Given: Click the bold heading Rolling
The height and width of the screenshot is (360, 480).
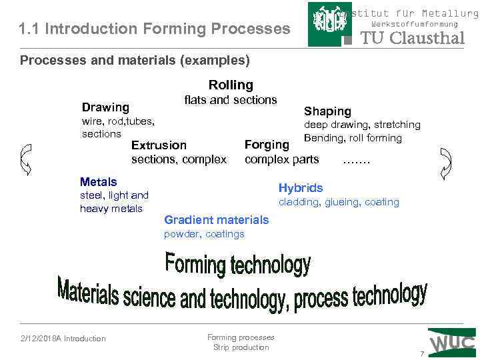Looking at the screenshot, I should (231, 85).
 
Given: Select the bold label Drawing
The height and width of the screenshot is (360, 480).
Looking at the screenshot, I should (105, 107).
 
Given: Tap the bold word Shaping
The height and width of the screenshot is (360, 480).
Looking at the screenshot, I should (327, 111).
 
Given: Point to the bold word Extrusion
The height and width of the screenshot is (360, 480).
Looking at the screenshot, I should (159, 145).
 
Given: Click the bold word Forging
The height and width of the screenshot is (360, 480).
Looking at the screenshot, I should (267, 145).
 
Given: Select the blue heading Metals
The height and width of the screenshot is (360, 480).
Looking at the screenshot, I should (98, 182).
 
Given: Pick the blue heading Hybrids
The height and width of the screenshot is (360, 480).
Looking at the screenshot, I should (301, 188).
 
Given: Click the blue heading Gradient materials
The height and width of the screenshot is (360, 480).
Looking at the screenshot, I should (217, 220).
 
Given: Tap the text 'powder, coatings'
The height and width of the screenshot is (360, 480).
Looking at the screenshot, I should (204, 234).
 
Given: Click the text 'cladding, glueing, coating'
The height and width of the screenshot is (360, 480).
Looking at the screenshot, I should (339, 202).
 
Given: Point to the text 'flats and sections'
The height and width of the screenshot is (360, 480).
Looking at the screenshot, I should (231, 100).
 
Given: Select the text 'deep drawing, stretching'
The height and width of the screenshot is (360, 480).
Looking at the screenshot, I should (362, 125).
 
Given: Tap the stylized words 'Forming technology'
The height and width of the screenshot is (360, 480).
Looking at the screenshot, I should (237, 265).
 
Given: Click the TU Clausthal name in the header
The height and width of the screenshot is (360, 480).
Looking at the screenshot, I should (412, 38).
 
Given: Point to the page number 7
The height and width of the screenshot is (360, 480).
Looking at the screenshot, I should (421, 353).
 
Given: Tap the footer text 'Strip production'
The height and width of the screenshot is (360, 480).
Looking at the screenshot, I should (241, 347).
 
